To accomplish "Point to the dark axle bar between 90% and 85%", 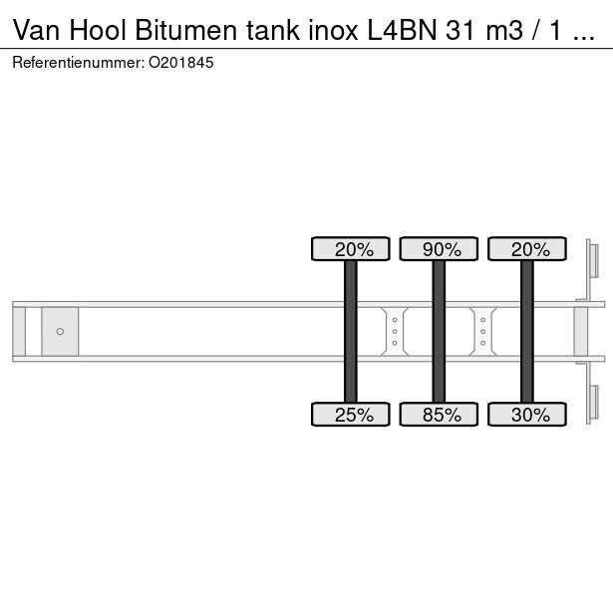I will (x=439, y=331).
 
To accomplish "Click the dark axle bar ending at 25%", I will (x=351, y=331).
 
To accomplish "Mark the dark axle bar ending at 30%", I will (x=527, y=331).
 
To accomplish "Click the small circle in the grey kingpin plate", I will (x=60, y=331).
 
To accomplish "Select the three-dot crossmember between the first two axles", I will (x=395, y=331).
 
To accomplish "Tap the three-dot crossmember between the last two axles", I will (x=483, y=331).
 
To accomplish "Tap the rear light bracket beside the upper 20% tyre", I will (x=593, y=262).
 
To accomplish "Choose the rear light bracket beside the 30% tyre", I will (x=593, y=403).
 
